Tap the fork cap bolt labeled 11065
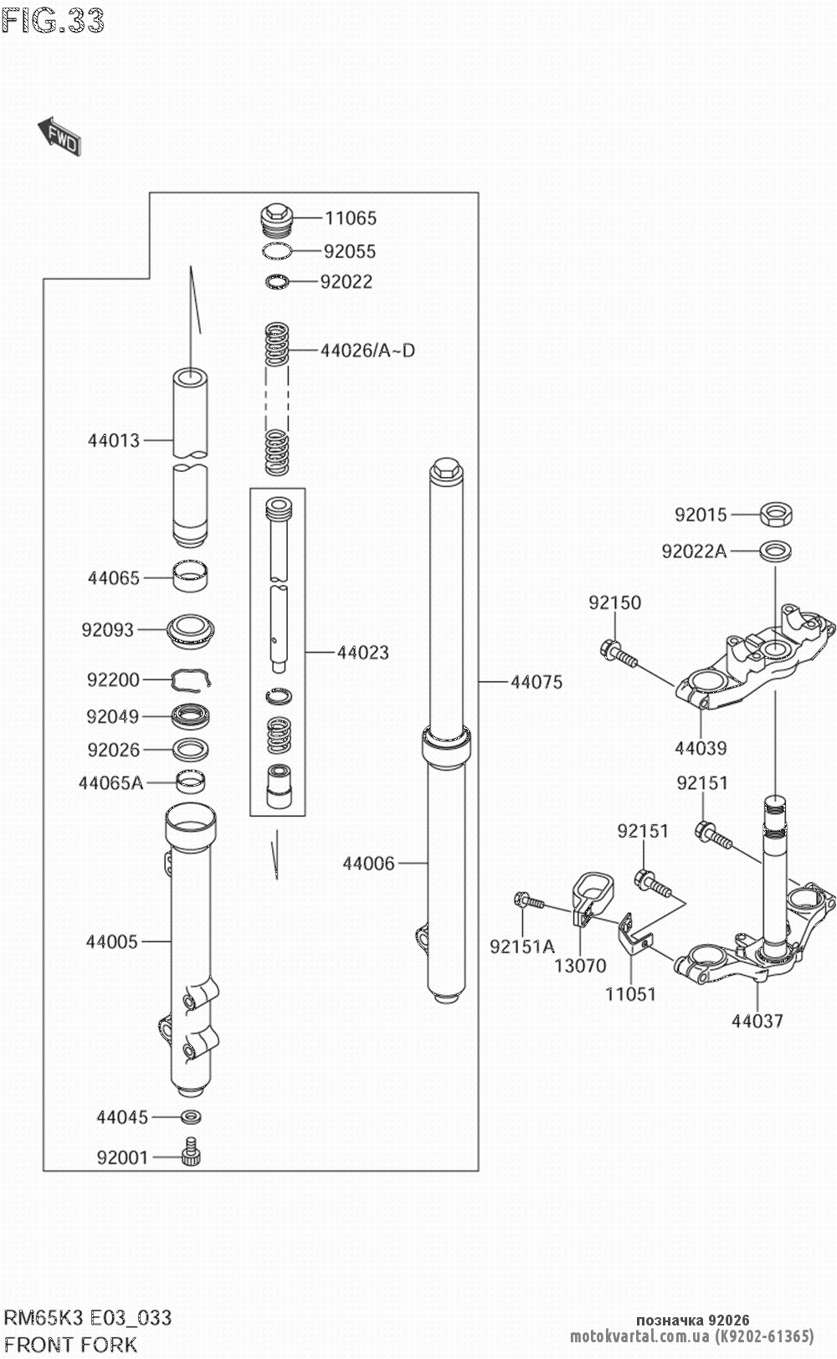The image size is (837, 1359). click(x=275, y=219)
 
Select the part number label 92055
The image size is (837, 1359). click(x=349, y=251)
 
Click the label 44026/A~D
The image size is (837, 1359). click(x=367, y=351)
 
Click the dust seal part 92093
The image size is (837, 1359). click(x=193, y=629)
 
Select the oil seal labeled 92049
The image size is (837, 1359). click(x=192, y=716)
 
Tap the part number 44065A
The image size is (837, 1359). click(x=110, y=783)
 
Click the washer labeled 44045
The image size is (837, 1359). click(x=192, y=1116)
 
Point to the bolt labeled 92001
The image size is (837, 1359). click(x=192, y=1155)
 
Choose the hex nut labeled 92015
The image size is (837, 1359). click(x=776, y=514)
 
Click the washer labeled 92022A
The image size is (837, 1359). click(x=776, y=551)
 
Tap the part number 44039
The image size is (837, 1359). click(x=701, y=748)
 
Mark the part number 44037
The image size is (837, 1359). click(x=757, y=1021)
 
